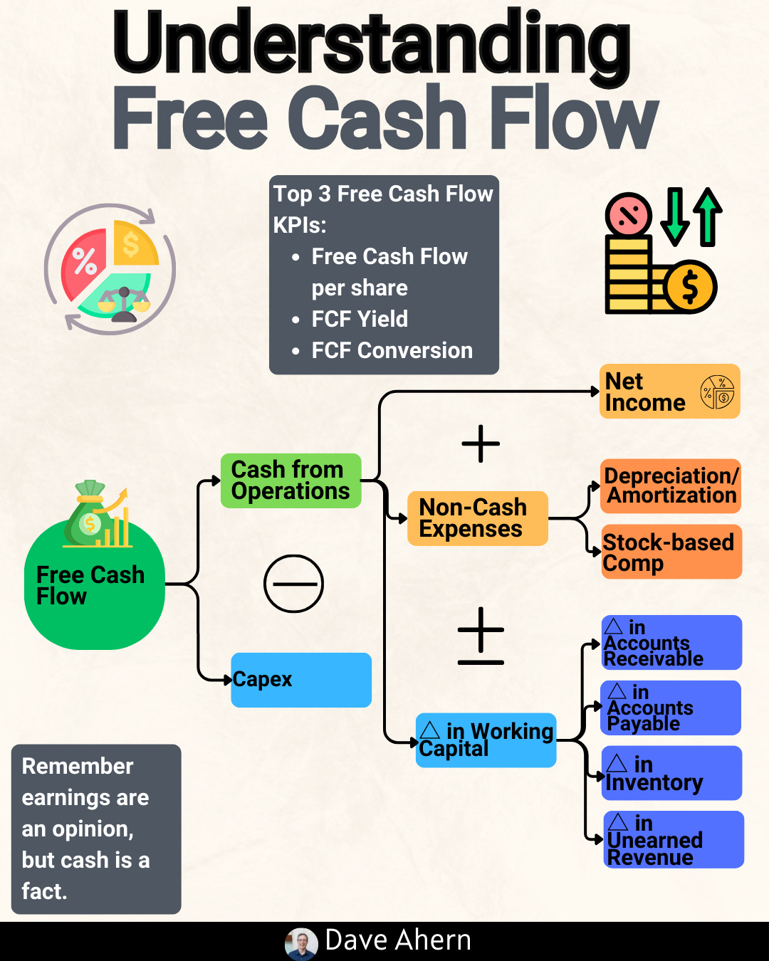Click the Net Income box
click(x=669, y=392)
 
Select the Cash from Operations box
click(x=291, y=480)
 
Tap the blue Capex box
click(x=301, y=680)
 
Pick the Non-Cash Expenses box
click(x=477, y=518)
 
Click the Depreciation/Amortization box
click(x=671, y=486)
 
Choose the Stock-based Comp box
click(x=671, y=552)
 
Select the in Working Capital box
click(x=486, y=740)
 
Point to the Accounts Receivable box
click(x=671, y=643)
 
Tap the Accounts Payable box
click(x=671, y=708)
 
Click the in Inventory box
click(x=671, y=774)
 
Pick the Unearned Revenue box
click(x=673, y=840)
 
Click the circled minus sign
click(x=293, y=584)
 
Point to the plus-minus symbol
click(x=481, y=636)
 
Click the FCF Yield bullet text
click(x=360, y=319)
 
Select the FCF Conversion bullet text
click(x=392, y=350)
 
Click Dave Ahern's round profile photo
click(x=301, y=944)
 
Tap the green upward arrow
click(x=708, y=216)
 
